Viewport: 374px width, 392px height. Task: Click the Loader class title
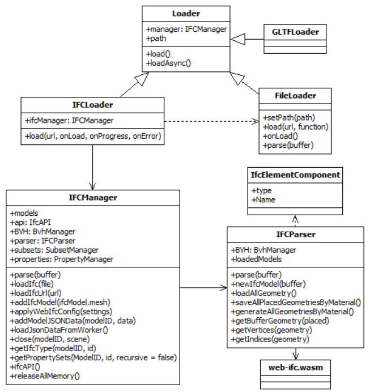pos(186,14)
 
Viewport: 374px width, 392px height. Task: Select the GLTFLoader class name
pos(295,32)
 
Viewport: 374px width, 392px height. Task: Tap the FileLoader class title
pos(295,96)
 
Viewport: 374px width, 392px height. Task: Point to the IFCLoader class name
pos(92,105)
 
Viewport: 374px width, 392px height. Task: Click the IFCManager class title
pos(93,198)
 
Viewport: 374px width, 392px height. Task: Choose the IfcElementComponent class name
pos(295,174)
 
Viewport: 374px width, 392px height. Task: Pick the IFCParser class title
pos(295,235)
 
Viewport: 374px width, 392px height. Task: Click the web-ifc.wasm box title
pos(295,367)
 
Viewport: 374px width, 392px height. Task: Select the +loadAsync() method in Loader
pos(168,63)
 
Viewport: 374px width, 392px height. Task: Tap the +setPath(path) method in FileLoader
pos(288,117)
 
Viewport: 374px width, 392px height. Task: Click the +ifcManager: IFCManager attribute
pos(69,121)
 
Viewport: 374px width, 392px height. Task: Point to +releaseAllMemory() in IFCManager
pos(45,376)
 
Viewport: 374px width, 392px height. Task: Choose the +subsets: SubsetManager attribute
pos(54,250)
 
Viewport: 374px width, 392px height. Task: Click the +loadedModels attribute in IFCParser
pos(256,259)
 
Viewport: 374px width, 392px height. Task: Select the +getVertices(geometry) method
pos(271,330)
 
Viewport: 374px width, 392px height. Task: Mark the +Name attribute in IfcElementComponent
pos(263,200)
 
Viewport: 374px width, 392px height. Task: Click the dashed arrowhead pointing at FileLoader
pos(256,121)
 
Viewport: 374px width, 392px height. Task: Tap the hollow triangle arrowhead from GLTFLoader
pos(237,39)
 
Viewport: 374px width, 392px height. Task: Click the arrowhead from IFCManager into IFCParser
pos(223,288)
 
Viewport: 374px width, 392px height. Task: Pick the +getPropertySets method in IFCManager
pos(93,357)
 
